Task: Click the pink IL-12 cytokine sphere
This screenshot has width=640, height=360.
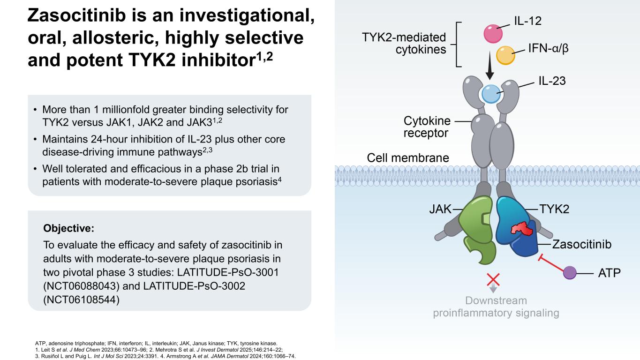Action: coord(493,34)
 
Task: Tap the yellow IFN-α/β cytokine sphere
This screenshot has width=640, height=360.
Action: coord(505,55)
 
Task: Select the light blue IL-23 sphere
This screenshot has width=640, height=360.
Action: coord(491,94)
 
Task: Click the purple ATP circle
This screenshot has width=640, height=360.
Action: coord(570,273)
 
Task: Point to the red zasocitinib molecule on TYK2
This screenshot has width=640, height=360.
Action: coord(522,229)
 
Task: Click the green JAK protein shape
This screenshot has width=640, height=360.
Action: coord(477,229)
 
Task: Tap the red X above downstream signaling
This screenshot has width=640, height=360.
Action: coord(493,280)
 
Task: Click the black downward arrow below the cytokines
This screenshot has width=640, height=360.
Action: coord(489,66)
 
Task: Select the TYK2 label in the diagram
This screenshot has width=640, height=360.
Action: coord(554,209)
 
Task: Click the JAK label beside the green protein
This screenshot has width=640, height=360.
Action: coord(440,209)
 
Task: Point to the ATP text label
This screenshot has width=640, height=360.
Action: coord(610,273)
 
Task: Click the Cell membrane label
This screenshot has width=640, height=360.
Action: coord(408,157)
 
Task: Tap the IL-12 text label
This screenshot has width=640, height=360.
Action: coord(528,21)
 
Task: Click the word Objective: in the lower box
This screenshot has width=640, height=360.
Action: coord(68,228)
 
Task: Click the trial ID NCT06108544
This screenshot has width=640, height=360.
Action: coord(82,300)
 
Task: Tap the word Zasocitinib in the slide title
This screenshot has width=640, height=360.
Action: coord(76,15)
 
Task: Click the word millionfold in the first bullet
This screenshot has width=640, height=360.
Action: coord(122,109)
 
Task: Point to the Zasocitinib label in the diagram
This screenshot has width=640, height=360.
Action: coord(582,244)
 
